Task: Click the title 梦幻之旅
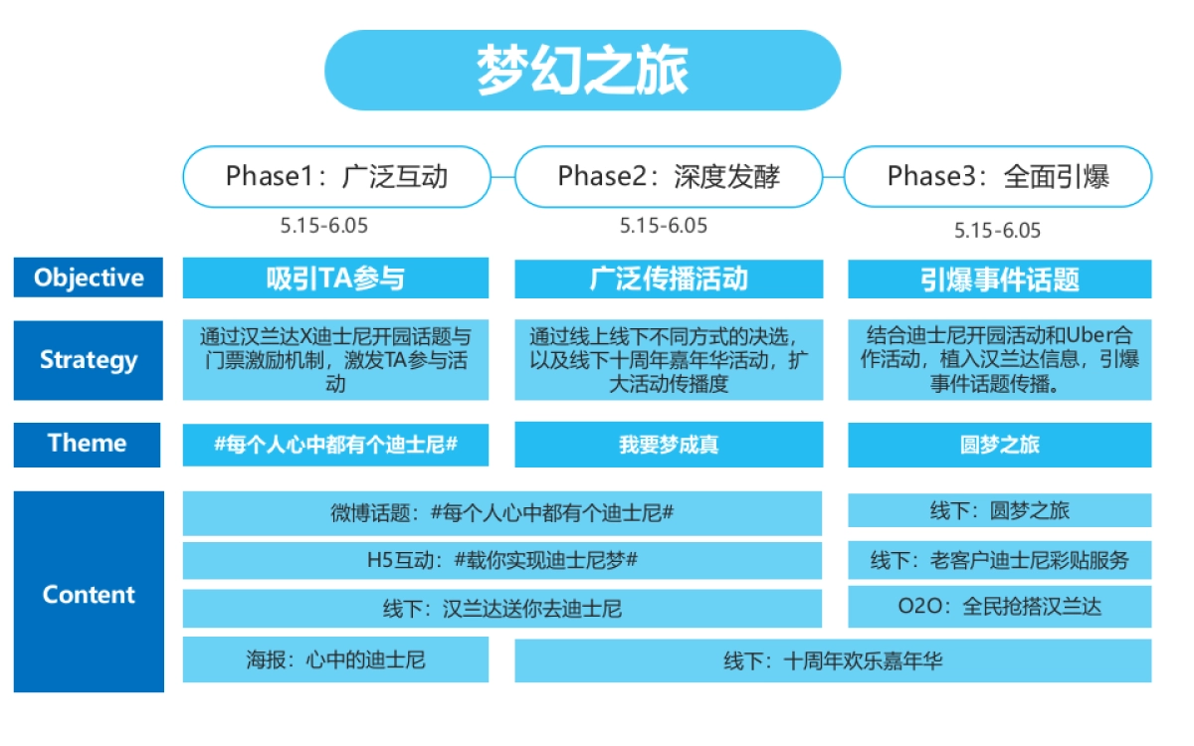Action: pyautogui.click(x=582, y=71)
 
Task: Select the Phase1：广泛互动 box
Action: pyautogui.click(x=336, y=177)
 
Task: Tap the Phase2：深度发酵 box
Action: pyautogui.click(x=669, y=177)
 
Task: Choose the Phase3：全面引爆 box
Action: pyautogui.click(x=998, y=177)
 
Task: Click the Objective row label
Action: pyautogui.click(x=88, y=278)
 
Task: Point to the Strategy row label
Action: pyautogui.click(x=88, y=360)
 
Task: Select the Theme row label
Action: pyautogui.click(x=88, y=444)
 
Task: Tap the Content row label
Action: pyautogui.click(x=88, y=595)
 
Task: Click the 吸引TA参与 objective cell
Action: pyautogui.click(x=335, y=279)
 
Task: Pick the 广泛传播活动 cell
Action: pyautogui.click(x=669, y=279)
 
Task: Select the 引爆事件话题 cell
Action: pyautogui.click(x=999, y=279)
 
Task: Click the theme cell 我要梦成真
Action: pyautogui.click(x=669, y=445)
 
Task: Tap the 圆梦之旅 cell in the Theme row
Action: pyautogui.click(x=999, y=445)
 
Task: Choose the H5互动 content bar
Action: pyautogui.click(x=502, y=560)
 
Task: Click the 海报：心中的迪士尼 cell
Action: pyautogui.click(x=335, y=660)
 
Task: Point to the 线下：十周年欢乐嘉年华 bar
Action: pyautogui.click(x=833, y=660)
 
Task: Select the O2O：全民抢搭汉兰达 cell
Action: pyautogui.click(x=999, y=607)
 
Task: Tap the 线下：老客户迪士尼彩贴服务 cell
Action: pyautogui.click(x=999, y=560)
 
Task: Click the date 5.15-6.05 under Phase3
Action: pyautogui.click(x=997, y=231)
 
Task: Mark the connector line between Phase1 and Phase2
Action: pyautogui.click(x=502, y=177)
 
